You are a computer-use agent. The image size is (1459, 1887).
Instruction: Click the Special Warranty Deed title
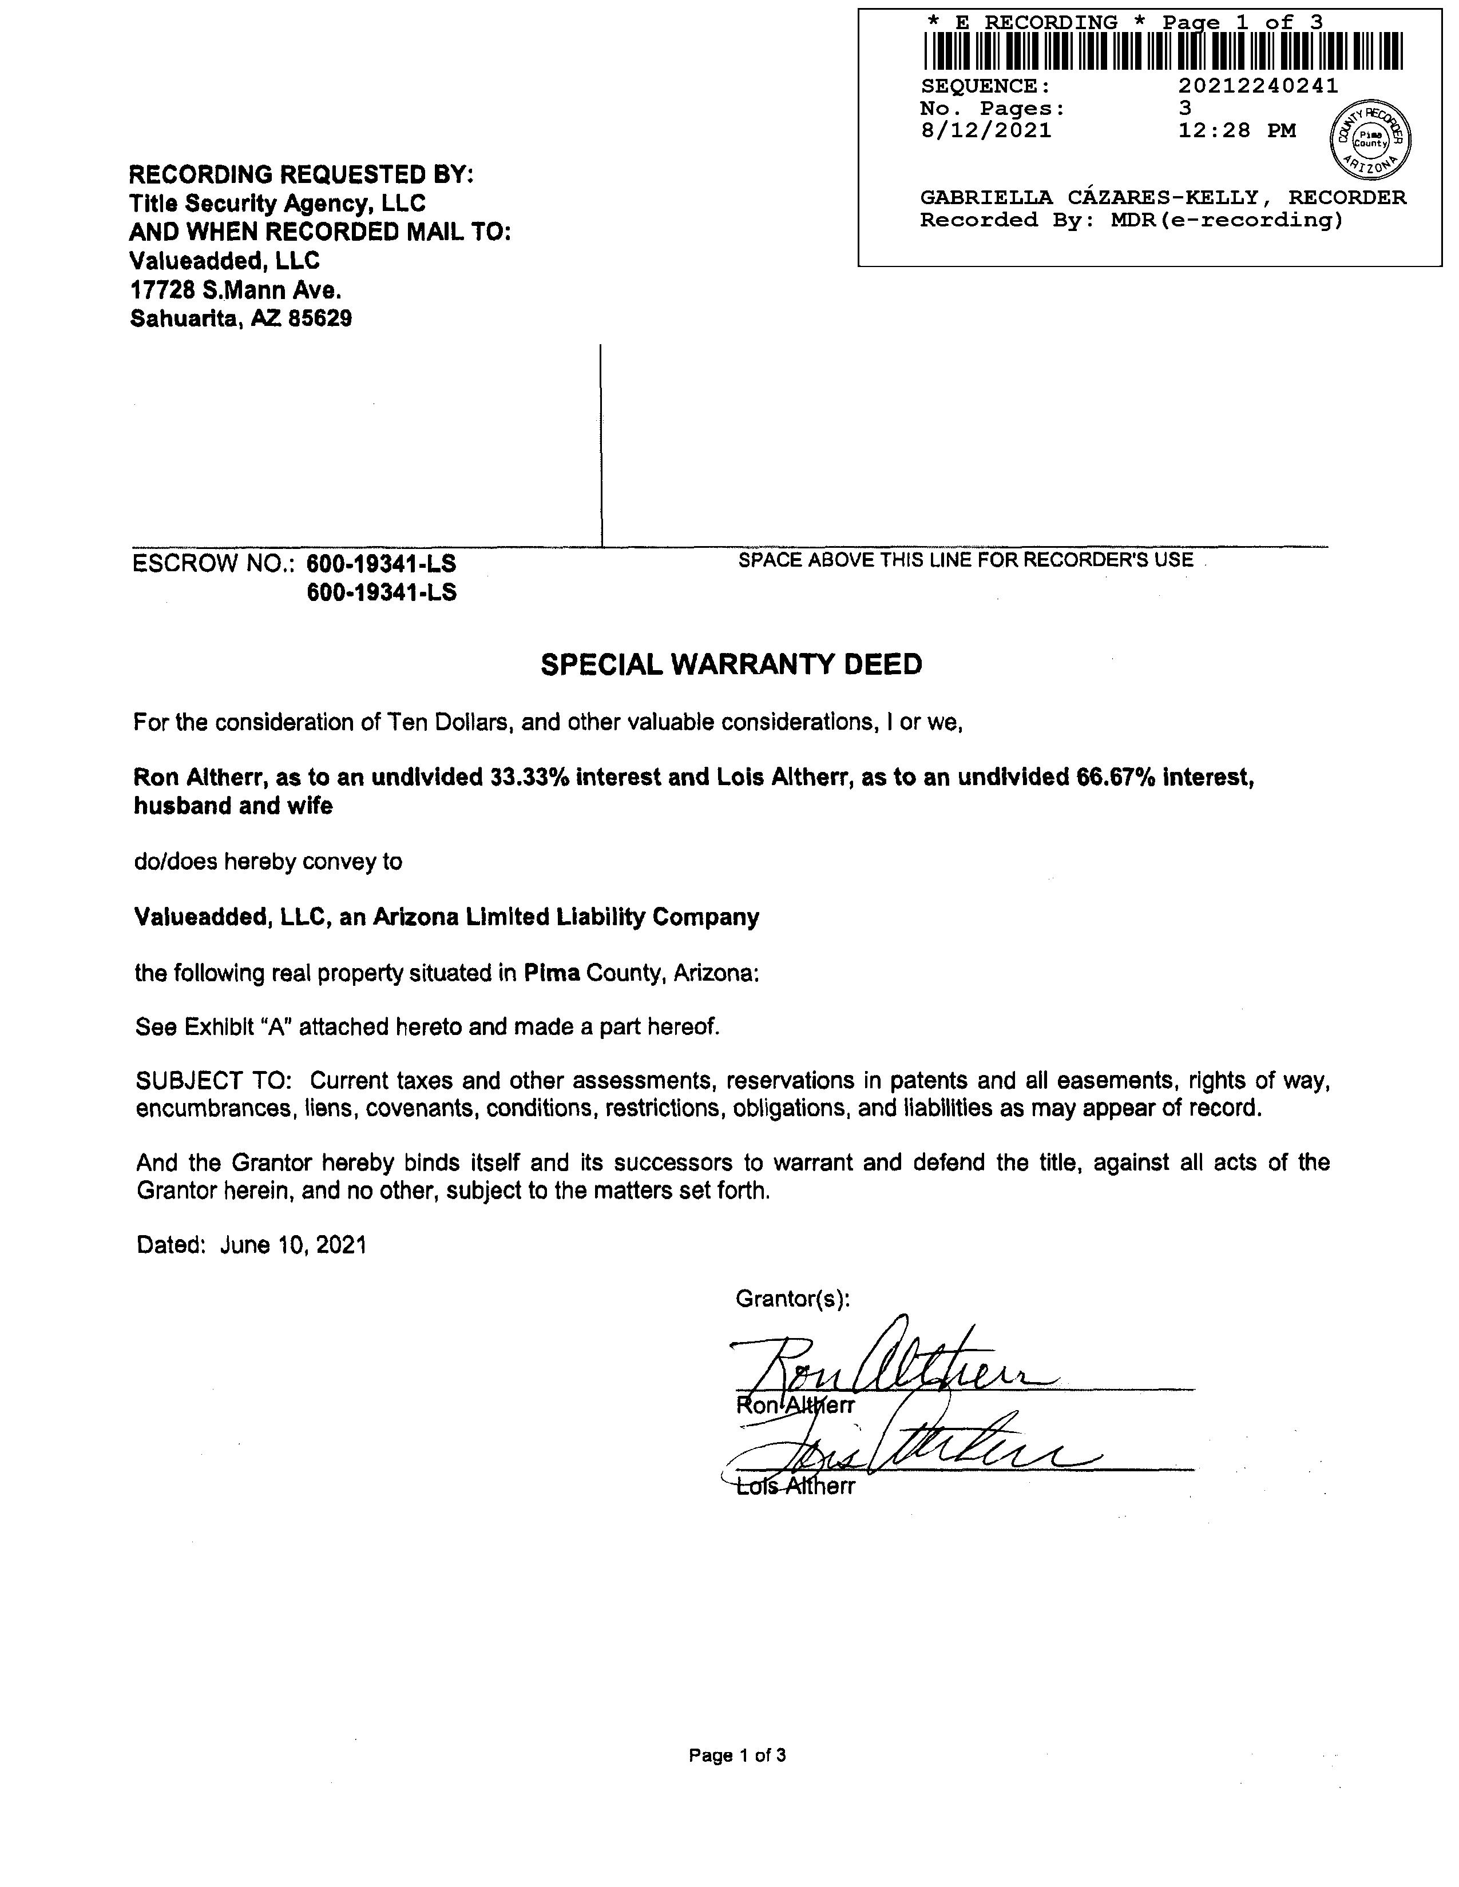731,664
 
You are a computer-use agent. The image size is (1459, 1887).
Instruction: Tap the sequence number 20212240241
1258,86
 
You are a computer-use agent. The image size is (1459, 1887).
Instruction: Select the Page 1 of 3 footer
738,1755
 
